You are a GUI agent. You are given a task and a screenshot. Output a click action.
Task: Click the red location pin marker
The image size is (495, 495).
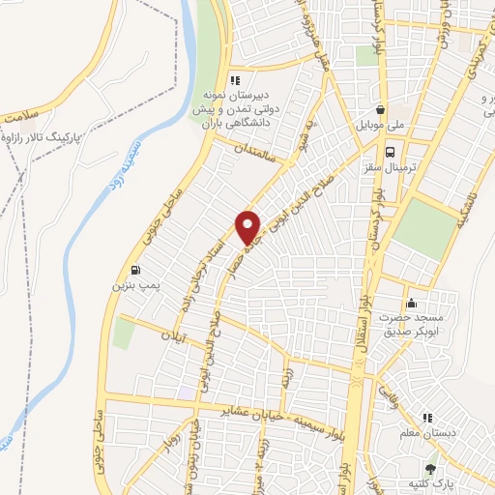pos(248,226)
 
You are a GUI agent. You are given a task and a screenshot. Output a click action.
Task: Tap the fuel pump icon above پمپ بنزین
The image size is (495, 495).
pos(132,270)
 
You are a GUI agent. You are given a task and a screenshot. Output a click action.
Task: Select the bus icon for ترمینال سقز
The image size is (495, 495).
pos(390,152)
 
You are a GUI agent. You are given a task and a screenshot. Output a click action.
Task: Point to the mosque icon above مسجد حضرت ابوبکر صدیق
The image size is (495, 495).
pos(413,303)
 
